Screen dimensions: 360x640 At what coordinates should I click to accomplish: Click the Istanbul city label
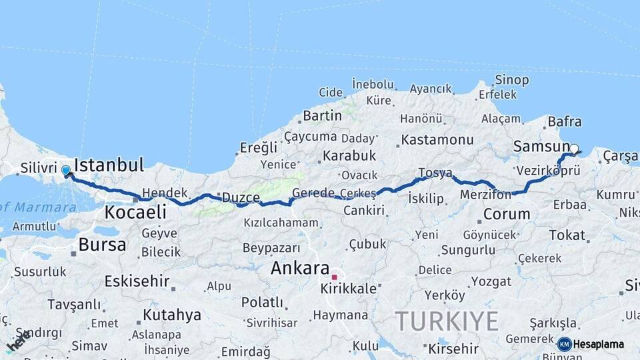(x=109, y=165)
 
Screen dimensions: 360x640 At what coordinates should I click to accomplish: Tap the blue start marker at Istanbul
(x=66, y=171)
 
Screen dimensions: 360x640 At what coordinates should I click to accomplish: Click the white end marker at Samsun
(x=573, y=149)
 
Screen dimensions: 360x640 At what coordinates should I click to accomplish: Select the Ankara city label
(x=300, y=269)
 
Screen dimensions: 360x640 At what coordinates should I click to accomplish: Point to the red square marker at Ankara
(x=335, y=277)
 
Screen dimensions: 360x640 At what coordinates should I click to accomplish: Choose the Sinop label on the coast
(x=511, y=80)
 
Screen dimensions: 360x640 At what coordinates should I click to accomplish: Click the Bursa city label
(x=102, y=245)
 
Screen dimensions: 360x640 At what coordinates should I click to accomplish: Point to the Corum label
(x=506, y=215)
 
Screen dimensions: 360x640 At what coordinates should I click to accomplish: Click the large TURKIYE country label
(x=447, y=322)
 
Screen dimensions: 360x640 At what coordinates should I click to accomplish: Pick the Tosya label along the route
(x=435, y=173)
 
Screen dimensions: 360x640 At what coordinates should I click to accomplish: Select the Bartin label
(x=322, y=115)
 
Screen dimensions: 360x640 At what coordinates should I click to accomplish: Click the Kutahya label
(x=171, y=315)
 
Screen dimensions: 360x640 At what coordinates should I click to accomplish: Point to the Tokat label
(x=567, y=235)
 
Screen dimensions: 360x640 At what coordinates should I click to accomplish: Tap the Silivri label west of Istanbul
(x=37, y=168)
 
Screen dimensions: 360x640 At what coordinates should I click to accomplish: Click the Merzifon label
(x=485, y=195)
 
